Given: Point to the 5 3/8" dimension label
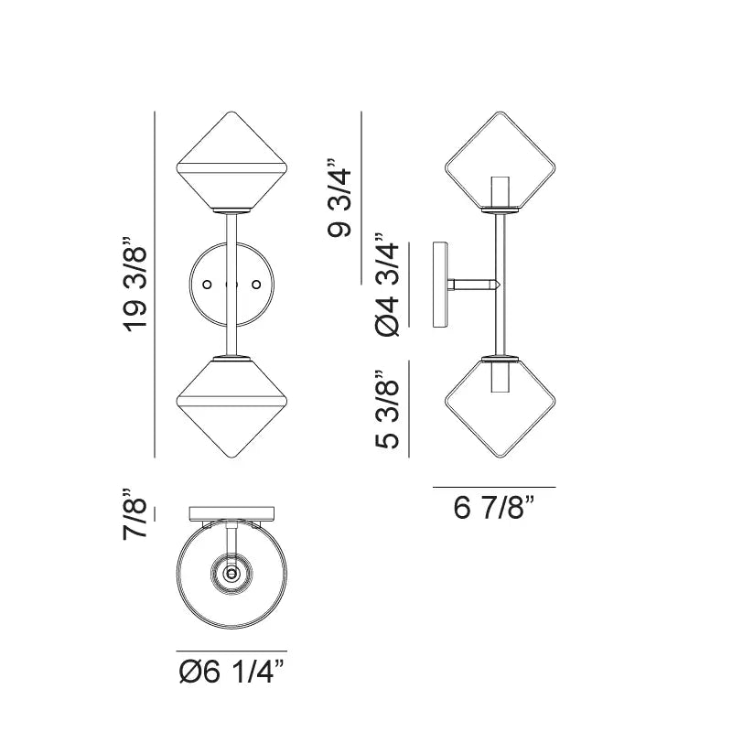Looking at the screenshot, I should tap(386, 409).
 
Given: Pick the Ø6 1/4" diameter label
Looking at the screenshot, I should tap(231, 673).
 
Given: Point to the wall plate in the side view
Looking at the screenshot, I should tap(440, 285).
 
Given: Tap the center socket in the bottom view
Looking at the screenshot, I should tap(231, 574).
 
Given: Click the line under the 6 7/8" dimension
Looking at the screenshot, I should tap(494, 487).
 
